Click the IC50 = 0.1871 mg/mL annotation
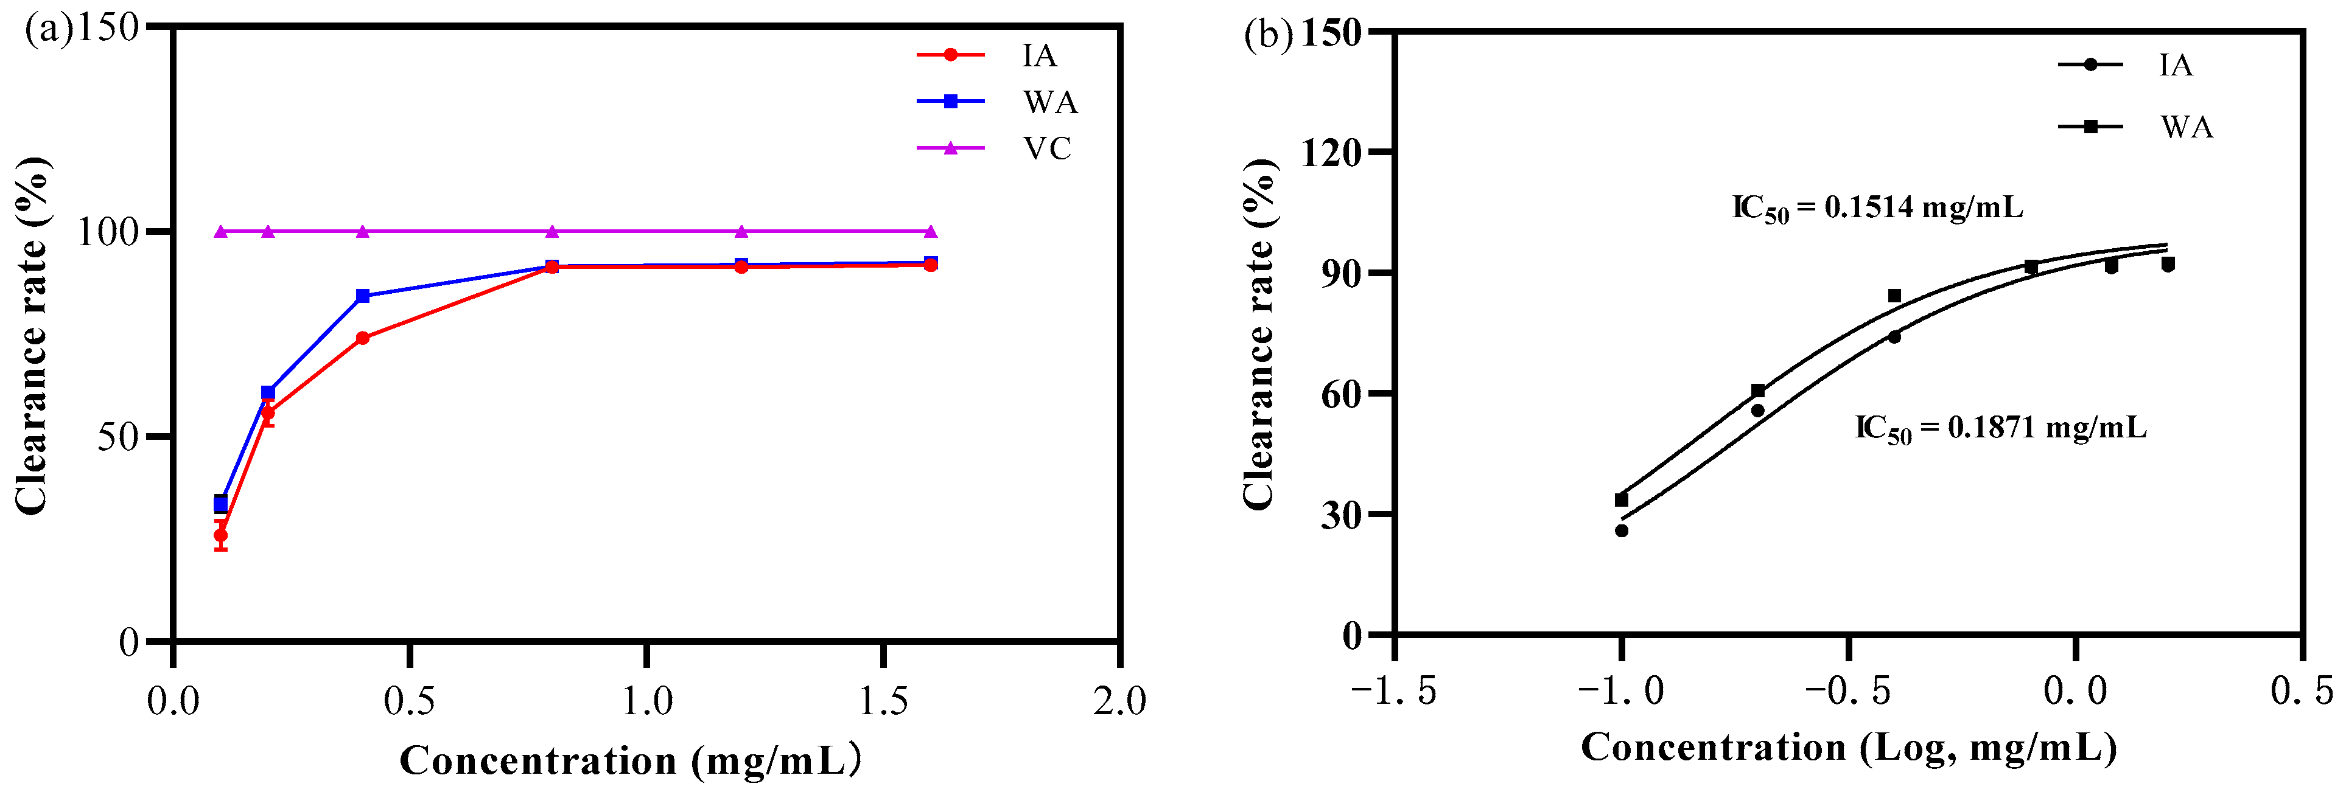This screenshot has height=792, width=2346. point(2001,428)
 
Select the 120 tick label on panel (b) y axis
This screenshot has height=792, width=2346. point(1331,152)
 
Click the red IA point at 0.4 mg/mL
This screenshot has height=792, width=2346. point(362,338)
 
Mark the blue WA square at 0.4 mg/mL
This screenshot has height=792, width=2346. point(362,296)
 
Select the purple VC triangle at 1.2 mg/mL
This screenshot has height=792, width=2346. point(741,231)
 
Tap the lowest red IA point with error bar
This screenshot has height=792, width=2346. point(220,535)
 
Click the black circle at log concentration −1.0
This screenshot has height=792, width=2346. point(1621,530)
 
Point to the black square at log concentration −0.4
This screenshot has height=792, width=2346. point(1894,296)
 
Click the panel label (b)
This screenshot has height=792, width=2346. point(1268,35)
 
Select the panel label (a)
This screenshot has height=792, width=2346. point(47,29)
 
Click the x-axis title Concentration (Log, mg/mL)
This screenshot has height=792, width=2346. point(1849,748)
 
